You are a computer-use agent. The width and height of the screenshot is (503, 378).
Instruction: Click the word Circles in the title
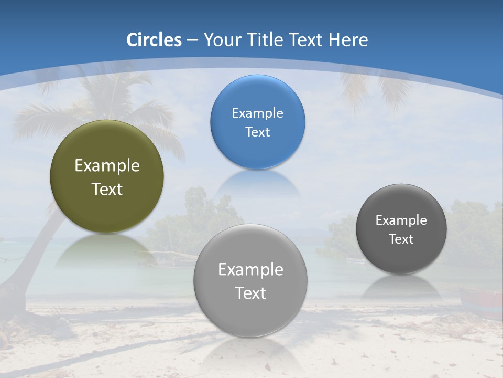coord(154,40)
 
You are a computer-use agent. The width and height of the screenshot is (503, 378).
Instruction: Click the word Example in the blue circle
coord(257,113)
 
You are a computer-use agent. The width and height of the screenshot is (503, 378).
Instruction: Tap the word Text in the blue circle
coord(257,132)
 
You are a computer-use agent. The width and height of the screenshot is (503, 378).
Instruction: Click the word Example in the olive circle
coord(107,166)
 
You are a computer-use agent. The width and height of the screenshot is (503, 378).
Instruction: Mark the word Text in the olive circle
coord(107,189)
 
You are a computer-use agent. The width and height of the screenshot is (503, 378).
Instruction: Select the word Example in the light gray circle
coord(250,270)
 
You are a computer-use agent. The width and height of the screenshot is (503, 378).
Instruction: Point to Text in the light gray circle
coord(250,293)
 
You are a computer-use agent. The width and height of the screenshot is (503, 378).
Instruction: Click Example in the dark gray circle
coord(401,220)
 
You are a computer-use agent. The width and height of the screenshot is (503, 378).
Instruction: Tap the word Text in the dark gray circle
coord(401,239)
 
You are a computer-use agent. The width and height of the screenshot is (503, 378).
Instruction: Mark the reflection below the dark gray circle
coord(401,287)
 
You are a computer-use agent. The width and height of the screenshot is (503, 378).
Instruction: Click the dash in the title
coord(192,40)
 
